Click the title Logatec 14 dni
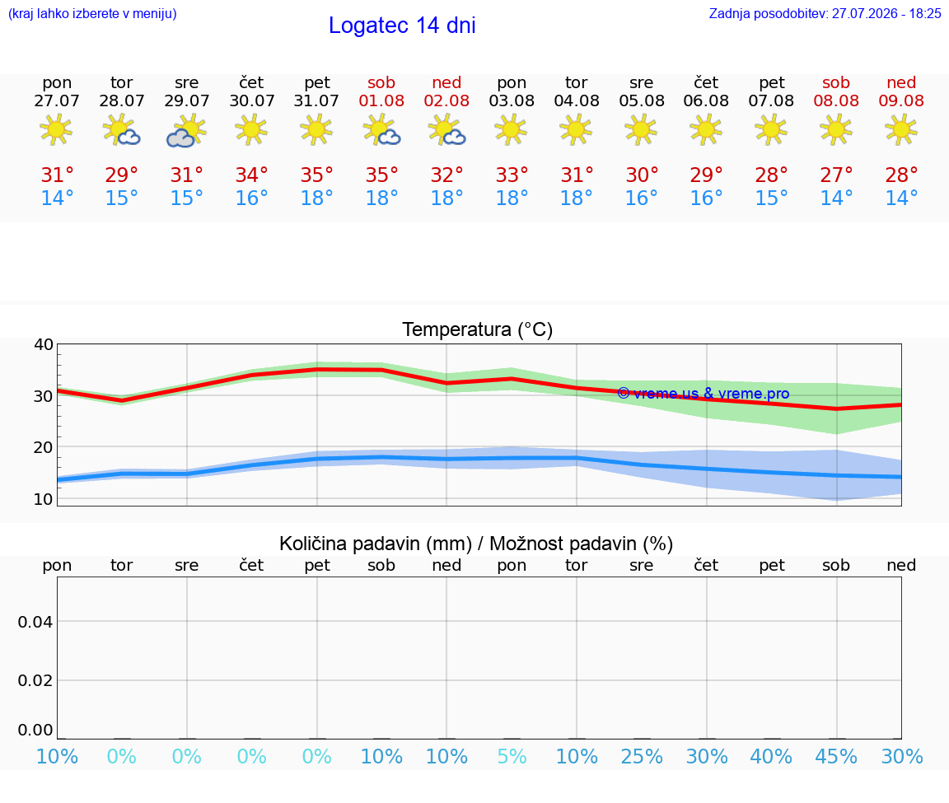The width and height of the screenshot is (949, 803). click(402, 26)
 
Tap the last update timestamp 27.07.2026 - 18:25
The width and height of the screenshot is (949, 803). click(886, 13)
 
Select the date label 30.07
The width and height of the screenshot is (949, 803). click(252, 100)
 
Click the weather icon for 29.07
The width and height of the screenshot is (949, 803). click(186, 130)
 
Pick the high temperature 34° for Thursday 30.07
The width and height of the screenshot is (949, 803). click(252, 175)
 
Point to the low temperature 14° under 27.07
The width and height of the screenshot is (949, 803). click(57, 198)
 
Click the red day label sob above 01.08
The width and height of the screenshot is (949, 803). click(381, 82)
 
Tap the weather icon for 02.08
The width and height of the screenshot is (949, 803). click(446, 130)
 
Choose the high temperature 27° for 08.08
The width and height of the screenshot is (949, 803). click(836, 175)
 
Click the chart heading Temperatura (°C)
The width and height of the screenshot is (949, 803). click(478, 329)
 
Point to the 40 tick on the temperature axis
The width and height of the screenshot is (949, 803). click(44, 344)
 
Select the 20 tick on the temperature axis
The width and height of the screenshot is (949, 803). click(44, 447)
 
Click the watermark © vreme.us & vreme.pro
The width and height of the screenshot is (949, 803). click(704, 394)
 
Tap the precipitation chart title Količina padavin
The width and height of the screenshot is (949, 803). click(376, 544)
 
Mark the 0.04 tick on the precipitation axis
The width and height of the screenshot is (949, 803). click(35, 622)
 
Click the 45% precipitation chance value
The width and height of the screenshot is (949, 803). click(836, 756)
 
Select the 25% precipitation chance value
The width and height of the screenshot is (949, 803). click(642, 756)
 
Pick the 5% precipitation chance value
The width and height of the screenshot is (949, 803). click(512, 756)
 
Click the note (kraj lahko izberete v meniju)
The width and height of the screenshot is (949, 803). click(92, 13)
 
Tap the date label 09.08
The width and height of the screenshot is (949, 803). click(901, 100)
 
